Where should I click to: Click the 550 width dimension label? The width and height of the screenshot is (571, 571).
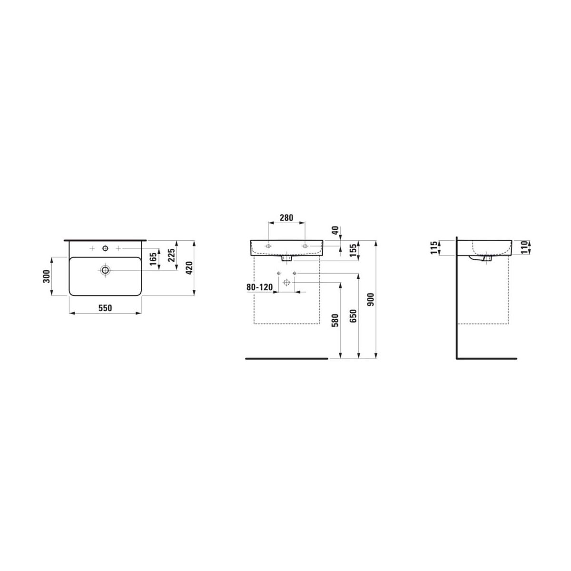105,308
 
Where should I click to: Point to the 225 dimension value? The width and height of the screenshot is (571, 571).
171,255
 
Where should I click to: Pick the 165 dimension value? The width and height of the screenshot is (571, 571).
154,259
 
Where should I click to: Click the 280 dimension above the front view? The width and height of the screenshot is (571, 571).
286,218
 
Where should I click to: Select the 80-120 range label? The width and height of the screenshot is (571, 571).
260,287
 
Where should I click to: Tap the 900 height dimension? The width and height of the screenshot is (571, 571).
372,300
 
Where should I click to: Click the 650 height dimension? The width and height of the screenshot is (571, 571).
354,316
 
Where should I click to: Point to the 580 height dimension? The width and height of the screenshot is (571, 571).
335,320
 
